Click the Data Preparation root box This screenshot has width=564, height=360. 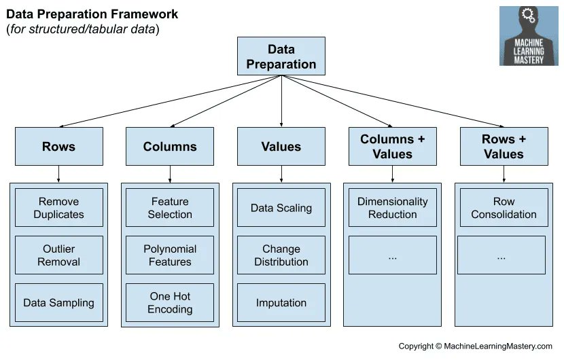coord(281,56)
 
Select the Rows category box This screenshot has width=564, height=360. coord(59,146)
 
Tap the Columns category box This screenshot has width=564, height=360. coord(170,146)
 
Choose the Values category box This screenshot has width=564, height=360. coord(281,146)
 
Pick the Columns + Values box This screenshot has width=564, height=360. coord(392,146)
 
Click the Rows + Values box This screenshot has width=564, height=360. coord(504,146)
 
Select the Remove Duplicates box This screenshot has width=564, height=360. coord(59,208)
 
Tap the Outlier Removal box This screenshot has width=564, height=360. coord(59,255)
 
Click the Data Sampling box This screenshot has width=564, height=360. coord(59,303)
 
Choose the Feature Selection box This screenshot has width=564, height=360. coord(170,208)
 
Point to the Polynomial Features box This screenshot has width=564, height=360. coord(170,255)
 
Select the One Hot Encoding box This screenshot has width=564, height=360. coord(170,303)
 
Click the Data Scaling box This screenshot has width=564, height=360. coord(281,208)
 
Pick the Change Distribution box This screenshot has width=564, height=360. coord(281,255)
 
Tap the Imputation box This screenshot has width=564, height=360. coord(281,303)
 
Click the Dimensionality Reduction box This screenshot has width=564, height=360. coord(392,208)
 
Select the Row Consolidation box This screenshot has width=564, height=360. coord(504,208)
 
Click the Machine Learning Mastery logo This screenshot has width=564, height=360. coord(529,36)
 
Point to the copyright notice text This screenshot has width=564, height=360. coord(475,346)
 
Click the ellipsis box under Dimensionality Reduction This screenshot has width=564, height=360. coord(392,255)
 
